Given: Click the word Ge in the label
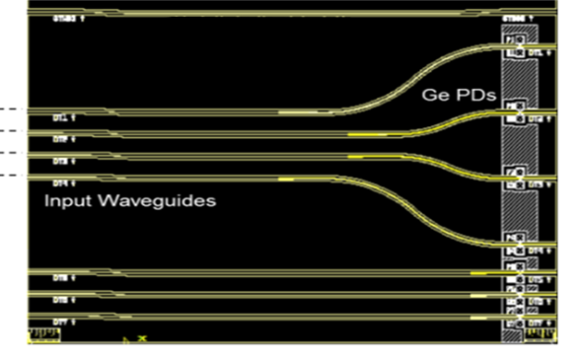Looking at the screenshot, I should click(434, 96).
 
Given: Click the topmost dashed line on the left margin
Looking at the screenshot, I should click(9, 108).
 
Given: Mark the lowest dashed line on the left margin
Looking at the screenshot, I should click(9, 176).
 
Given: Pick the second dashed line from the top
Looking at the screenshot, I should click(9, 131).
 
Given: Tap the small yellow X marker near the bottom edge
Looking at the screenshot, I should click(141, 339).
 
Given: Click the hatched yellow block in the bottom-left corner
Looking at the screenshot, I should click(44, 334).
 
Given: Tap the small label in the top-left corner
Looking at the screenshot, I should click(68, 20).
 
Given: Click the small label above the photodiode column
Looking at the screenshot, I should click(517, 19).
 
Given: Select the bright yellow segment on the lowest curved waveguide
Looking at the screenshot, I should click(286, 180).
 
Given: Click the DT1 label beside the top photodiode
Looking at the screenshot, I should click(537, 52).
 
